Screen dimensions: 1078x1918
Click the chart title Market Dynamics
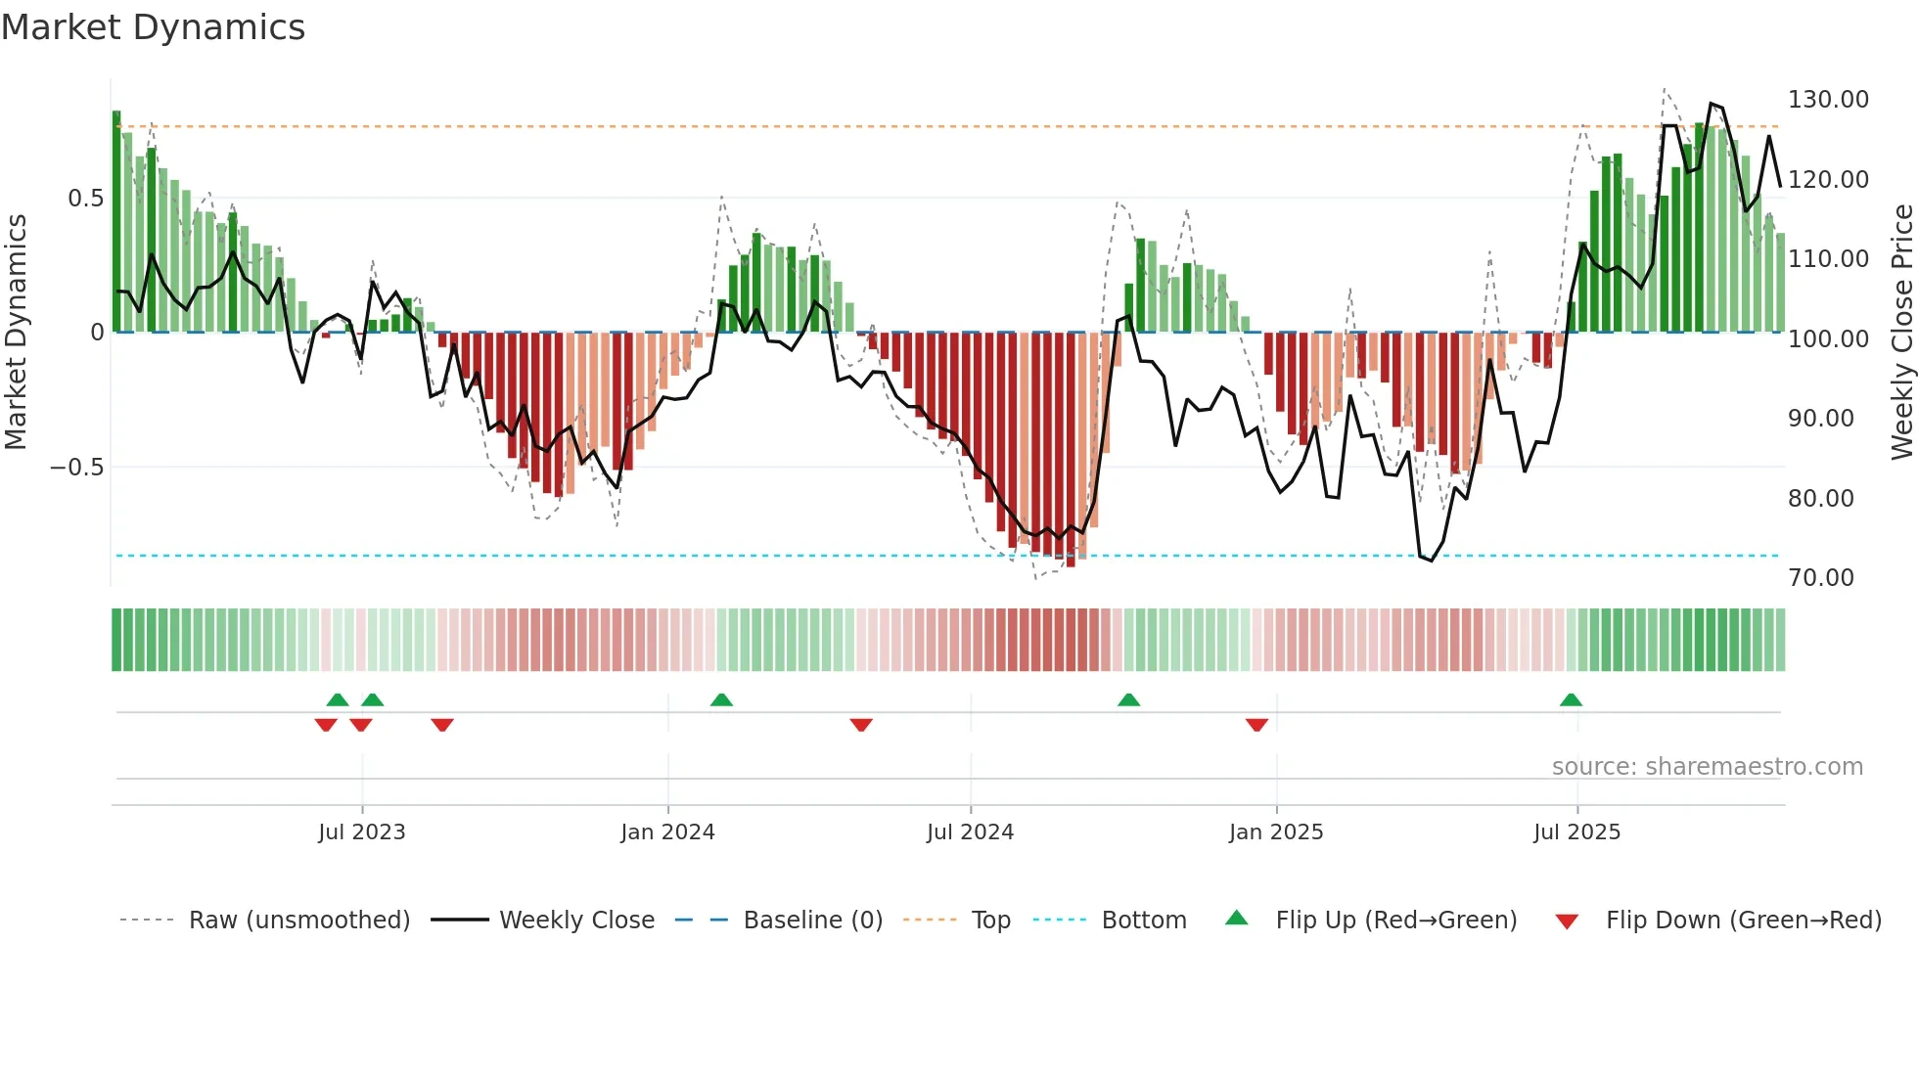point(154,27)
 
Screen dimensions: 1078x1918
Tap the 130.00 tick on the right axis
point(1828,100)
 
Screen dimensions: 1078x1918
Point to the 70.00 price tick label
point(1820,578)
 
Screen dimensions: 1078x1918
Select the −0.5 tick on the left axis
point(76,467)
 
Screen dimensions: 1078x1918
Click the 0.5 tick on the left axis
point(85,199)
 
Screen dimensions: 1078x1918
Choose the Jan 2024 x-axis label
point(667,832)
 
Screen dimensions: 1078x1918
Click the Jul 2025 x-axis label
point(1576,832)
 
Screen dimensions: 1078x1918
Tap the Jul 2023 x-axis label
point(361,832)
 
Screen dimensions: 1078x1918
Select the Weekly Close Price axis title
point(1901,332)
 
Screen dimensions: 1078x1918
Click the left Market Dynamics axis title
point(16,332)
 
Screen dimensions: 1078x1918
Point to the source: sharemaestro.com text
point(1707,767)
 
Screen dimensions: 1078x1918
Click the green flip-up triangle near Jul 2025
point(1571,700)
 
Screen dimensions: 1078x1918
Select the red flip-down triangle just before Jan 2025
point(1256,724)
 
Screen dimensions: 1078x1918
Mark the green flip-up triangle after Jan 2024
point(721,700)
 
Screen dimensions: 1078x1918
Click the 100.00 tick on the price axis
point(1828,339)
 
